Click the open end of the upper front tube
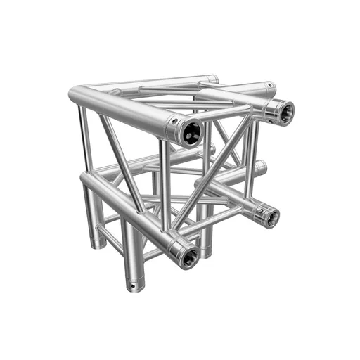pos(190,131)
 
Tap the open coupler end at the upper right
pos(283,112)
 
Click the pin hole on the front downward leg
pos(131,287)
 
